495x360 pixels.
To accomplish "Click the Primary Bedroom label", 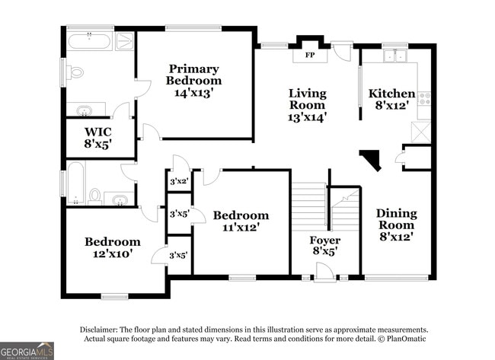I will coord(195,75).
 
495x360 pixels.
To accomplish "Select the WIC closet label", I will coord(98,131).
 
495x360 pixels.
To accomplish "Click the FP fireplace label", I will coord(310,56).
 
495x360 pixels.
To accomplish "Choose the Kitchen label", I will coord(392,94).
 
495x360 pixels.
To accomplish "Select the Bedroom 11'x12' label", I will coord(241,221).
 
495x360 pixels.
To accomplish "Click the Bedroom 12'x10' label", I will coord(112,247).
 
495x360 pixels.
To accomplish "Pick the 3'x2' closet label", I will coord(178,181).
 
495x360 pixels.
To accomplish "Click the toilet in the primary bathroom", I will coord(75,73).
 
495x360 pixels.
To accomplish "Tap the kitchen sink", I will coord(394,56).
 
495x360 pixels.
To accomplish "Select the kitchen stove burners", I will coord(425,97).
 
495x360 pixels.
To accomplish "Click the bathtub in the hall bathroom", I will coord(75,183).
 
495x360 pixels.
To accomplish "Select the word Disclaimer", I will coord(104,329).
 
